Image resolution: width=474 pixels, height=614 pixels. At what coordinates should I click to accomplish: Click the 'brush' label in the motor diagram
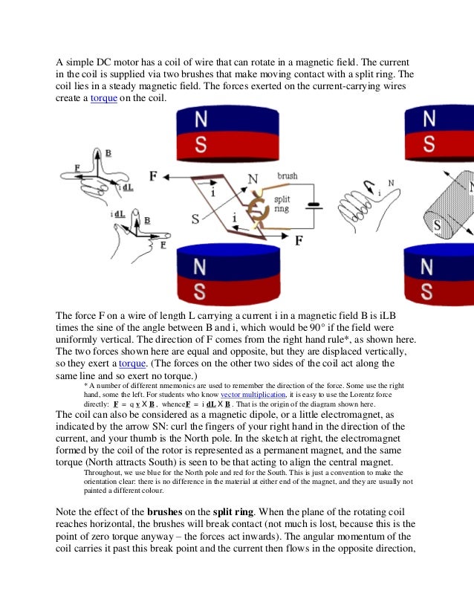[288, 176]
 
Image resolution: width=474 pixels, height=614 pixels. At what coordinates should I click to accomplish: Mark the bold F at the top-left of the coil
[153, 177]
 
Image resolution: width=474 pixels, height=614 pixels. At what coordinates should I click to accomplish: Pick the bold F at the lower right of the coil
[299, 241]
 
